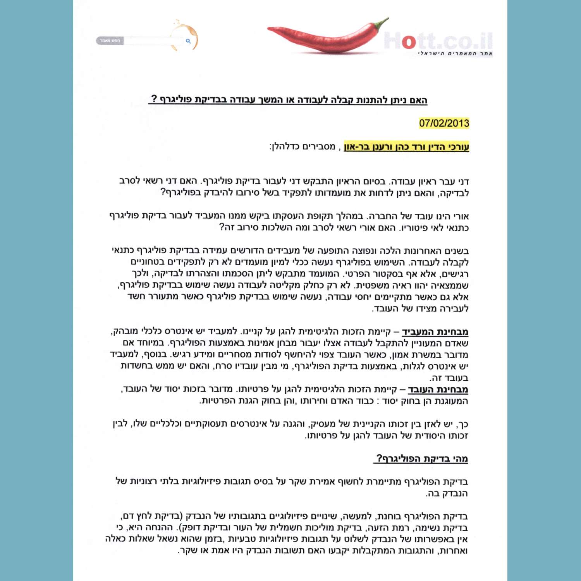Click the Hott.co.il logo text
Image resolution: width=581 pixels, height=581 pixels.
[438, 41]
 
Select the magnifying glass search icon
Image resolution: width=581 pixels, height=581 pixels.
[188, 41]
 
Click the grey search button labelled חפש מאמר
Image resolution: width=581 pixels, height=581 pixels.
[110, 41]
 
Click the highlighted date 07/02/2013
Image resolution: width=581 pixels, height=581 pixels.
[444, 123]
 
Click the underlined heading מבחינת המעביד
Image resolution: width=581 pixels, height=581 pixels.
[435, 332]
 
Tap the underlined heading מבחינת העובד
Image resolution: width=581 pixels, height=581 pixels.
[438, 389]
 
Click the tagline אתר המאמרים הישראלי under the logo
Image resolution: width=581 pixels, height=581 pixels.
[455, 53]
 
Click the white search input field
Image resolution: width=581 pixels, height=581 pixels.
[153, 41]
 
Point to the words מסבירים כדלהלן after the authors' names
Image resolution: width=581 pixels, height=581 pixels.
[303, 147]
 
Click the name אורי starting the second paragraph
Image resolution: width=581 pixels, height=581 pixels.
[461, 216]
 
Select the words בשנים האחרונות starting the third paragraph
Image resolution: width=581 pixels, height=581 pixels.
[442, 251]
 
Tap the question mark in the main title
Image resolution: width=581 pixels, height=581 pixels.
[154, 99]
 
